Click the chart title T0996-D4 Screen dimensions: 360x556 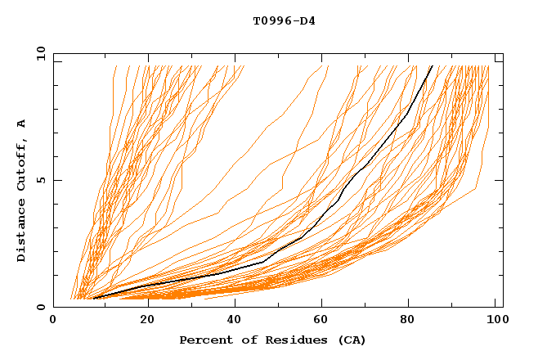click(284, 20)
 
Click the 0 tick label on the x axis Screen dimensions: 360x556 click(54, 321)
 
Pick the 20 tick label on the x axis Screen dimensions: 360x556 click(148, 321)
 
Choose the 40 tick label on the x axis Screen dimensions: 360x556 click(236, 321)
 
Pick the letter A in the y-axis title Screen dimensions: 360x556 click(21, 124)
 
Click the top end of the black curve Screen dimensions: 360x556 click(432, 66)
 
